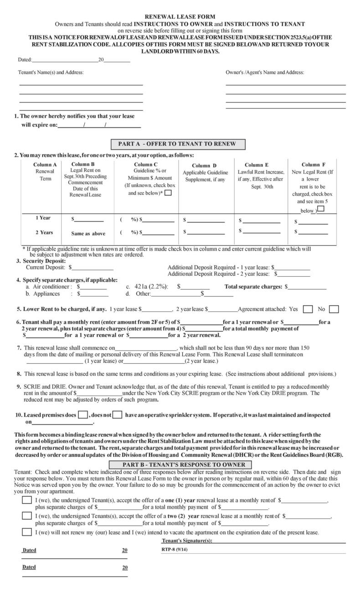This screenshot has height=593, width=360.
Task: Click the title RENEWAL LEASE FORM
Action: click(x=180, y=16)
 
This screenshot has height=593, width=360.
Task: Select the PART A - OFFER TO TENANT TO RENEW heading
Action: click(x=177, y=144)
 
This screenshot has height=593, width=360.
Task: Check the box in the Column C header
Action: click(x=168, y=193)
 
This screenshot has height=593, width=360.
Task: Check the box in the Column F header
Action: click(x=321, y=209)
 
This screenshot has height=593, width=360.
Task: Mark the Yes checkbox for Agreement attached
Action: click(x=308, y=309)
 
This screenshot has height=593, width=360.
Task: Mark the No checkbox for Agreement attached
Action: click(x=334, y=309)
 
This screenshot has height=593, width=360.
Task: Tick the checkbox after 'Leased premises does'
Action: click(x=83, y=415)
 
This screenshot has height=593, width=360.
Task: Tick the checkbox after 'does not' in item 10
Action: click(x=117, y=415)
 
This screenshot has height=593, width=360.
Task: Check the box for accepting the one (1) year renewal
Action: click(x=27, y=500)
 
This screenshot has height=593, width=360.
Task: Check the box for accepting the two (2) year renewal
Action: click(x=27, y=516)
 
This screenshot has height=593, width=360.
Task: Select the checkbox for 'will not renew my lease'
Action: click(x=27, y=532)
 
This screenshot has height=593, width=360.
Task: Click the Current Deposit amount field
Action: click(x=90, y=267)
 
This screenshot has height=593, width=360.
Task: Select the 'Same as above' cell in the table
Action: click(x=88, y=233)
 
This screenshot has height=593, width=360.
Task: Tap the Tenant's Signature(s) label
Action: click(x=187, y=541)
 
